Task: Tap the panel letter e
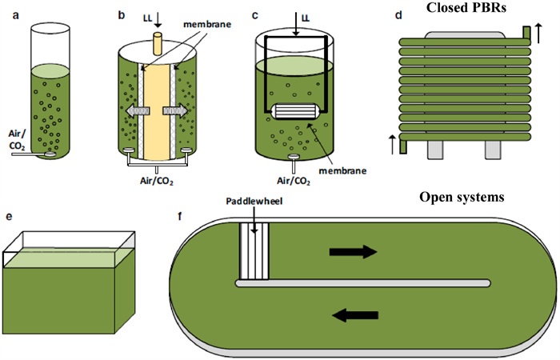pyautogui.click(x=9, y=216)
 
